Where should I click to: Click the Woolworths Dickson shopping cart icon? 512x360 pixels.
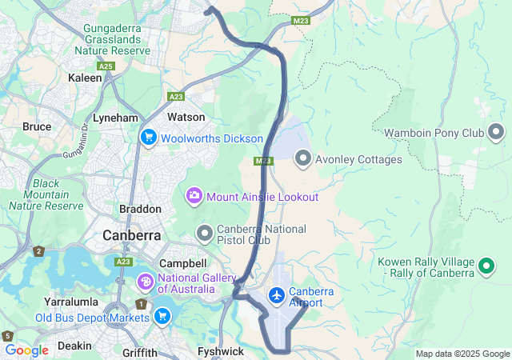coord(148,138)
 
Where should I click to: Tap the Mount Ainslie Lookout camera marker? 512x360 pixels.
coord(194,196)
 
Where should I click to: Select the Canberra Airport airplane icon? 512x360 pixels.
coord(277,296)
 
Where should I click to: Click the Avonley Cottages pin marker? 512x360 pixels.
coord(303,159)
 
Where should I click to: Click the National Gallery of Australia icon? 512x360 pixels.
coord(145,282)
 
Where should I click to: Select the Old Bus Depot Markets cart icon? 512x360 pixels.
coord(162,318)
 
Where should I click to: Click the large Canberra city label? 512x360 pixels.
coord(132,236)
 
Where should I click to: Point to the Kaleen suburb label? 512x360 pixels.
coord(86,78)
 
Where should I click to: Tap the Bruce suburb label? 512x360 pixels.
coord(37,126)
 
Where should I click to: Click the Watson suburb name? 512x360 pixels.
coord(186,117)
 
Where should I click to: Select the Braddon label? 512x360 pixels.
coord(141,209)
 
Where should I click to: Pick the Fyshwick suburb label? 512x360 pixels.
coord(221,351)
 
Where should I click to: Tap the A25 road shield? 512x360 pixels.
coord(106,66)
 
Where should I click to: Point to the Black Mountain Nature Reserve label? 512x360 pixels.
coord(46,194)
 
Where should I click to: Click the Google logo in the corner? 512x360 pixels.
coord(27,350)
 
